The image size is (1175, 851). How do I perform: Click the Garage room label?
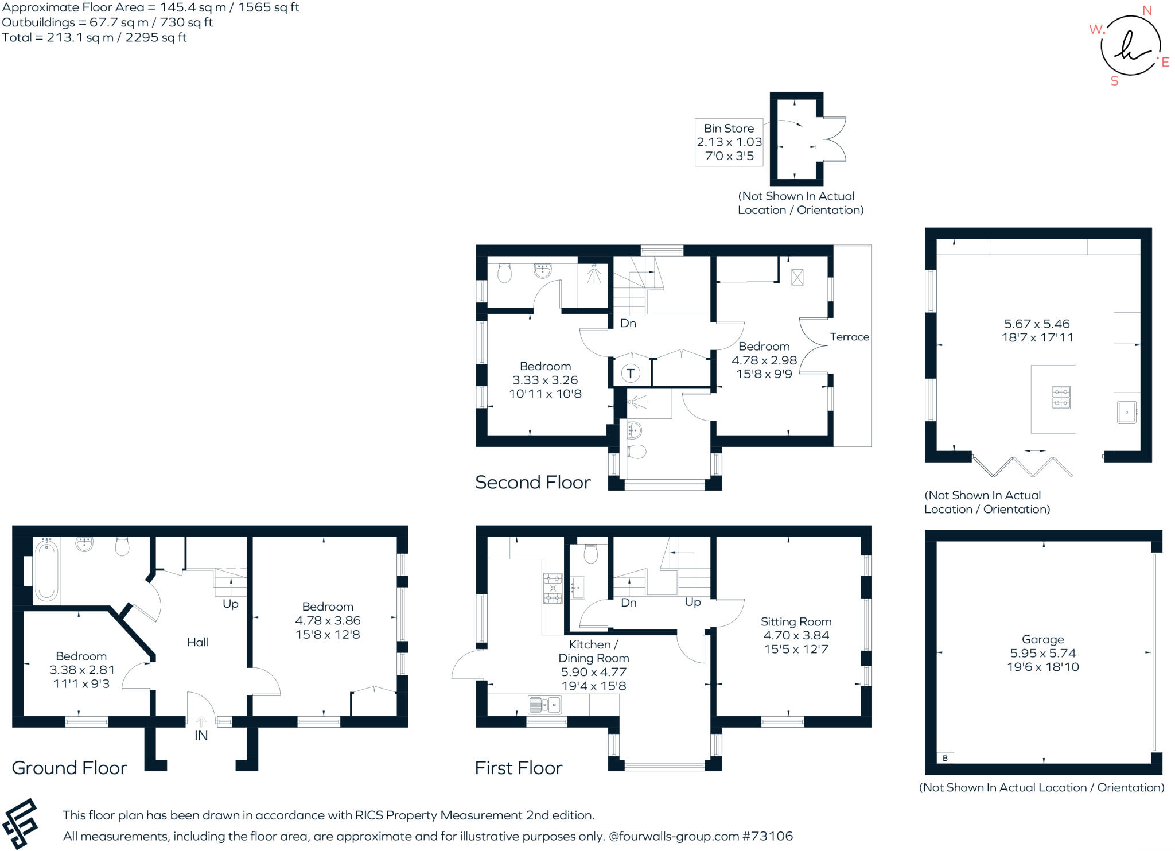[x=1042, y=639]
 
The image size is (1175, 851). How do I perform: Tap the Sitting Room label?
[x=796, y=621]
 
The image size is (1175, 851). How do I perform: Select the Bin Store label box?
[x=729, y=142]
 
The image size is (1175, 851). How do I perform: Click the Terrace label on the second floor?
[x=849, y=337]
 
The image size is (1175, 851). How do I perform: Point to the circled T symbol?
[x=631, y=374]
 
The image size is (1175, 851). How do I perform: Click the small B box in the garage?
[x=945, y=758]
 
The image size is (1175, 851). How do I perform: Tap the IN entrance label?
[x=201, y=736]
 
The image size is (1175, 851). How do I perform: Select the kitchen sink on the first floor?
[x=544, y=704]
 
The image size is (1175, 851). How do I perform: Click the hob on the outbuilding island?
[x=1061, y=397]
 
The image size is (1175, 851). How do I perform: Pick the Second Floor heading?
[x=532, y=482]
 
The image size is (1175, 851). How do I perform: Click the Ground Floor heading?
[x=69, y=768]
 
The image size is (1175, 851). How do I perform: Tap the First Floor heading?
[x=519, y=768]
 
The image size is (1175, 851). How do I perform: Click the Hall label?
[x=197, y=642]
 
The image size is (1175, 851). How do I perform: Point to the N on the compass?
[x=1147, y=10]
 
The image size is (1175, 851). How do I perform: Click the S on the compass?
[x=1114, y=81]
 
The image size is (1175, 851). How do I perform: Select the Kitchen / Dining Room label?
[x=593, y=651]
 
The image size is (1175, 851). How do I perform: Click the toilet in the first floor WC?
[x=590, y=553]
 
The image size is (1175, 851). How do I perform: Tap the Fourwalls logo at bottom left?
[x=20, y=824]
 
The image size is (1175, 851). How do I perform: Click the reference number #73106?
[x=768, y=836]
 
